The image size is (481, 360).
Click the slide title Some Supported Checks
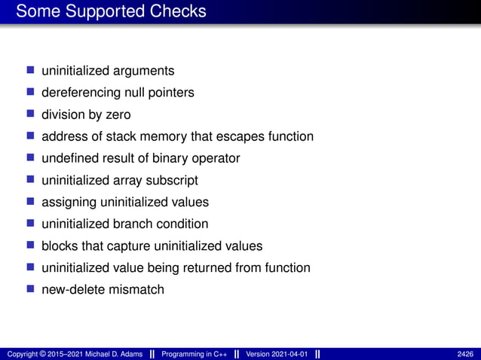pyautogui.click(x=110, y=12)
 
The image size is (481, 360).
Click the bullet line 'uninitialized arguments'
pyautogui.click(x=108, y=71)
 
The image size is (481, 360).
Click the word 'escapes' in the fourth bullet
pyautogui.click(x=237, y=136)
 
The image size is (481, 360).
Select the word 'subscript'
pyautogui.click(x=173, y=180)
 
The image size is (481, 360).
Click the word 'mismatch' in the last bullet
pyautogui.click(x=136, y=289)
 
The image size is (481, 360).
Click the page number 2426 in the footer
pyautogui.click(x=465, y=354)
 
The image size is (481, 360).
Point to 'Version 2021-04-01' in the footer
pyautogui.click(x=277, y=354)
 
